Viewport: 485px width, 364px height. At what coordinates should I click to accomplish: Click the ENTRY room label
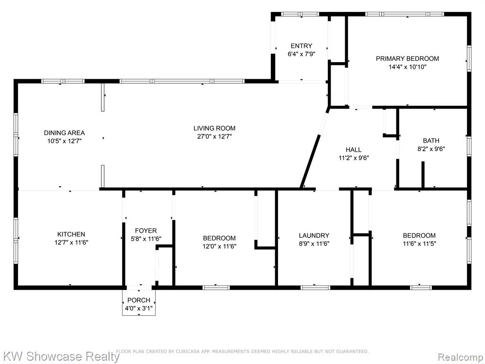(x=301, y=46)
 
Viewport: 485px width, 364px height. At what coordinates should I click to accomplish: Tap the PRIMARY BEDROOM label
(x=407, y=58)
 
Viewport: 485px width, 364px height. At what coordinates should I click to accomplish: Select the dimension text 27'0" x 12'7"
(x=215, y=136)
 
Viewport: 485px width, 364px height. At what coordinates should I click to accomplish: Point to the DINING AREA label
(x=64, y=133)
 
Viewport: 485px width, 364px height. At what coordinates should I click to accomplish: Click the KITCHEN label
(x=71, y=234)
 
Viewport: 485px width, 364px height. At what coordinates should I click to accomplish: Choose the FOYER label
(x=146, y=231)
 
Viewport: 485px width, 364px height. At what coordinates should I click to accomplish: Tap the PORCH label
(x=139, y=300)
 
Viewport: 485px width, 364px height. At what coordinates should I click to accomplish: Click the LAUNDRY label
(x=314, y=236)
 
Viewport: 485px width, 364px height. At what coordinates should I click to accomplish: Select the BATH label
(x=431, y=140)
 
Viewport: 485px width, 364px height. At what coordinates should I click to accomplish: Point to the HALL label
(x=353, y=150)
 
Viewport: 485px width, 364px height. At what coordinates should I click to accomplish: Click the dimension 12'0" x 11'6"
(x=220, y=246)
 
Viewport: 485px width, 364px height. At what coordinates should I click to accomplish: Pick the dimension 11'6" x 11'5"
(x=420, y=244)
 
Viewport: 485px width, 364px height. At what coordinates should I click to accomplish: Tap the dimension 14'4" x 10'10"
(x=407, y=67)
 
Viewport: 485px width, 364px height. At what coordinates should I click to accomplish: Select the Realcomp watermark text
(x=460, y=357)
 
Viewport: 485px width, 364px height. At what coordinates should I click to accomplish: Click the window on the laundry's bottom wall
(x=315, y=288)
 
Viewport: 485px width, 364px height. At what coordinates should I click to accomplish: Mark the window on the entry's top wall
(x=300, y=14)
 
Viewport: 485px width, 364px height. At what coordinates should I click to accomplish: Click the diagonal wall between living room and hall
(x=314, y=148)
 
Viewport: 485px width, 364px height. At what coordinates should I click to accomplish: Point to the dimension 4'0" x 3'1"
(x=139, y=308)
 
